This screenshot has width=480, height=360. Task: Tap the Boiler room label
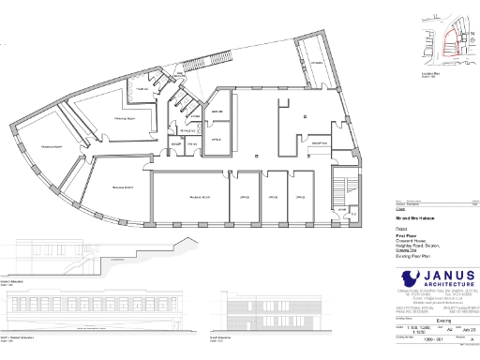point(175,145)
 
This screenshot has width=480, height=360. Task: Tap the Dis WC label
point(191,145)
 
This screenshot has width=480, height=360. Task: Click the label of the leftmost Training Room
point(52,148)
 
